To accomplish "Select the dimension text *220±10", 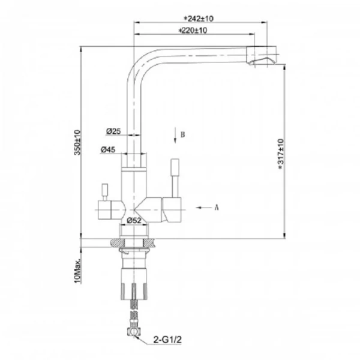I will pos(193,31).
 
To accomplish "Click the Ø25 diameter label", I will pos(114,132).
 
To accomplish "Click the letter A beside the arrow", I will pos(216,208).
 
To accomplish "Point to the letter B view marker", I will pos(182,135).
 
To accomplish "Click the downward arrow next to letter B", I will pos(173,135).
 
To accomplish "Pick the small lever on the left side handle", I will pos(103,190).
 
